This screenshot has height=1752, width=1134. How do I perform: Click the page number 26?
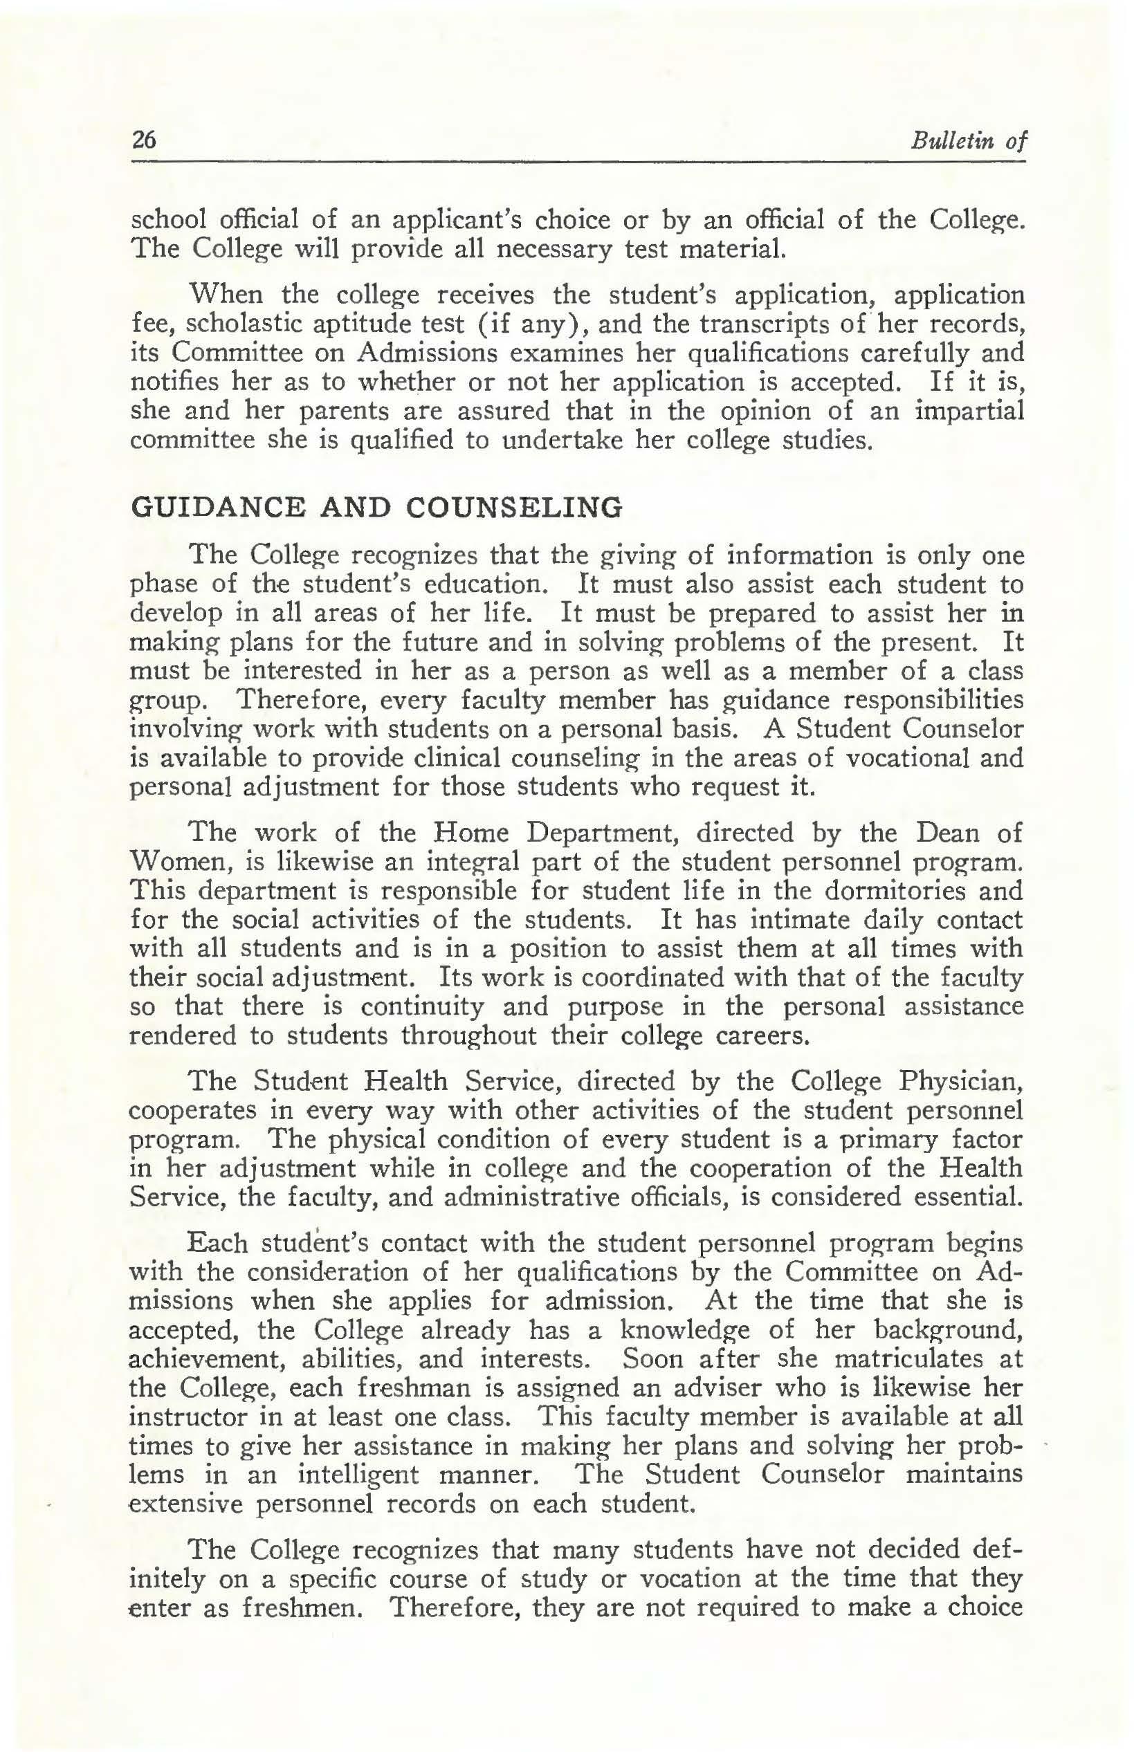(144, 140)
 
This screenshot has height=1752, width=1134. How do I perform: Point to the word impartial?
(969, 411)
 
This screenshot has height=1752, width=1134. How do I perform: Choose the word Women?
(171, 862)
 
